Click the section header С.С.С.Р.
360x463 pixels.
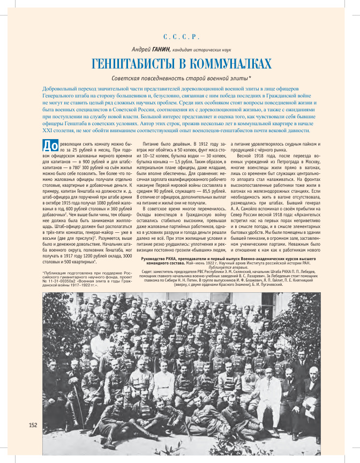(181, 37)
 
